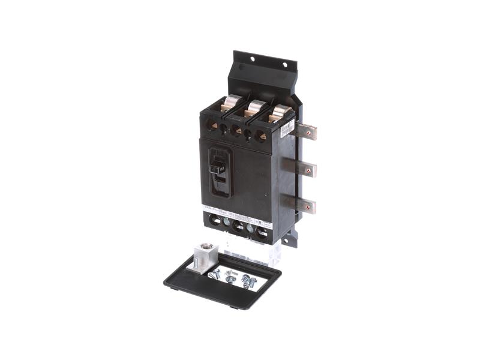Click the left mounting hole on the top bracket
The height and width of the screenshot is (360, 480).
pyautogui.click(x=252, y=59)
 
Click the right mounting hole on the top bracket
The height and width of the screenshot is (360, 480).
pyautogui.click(x=285, y=64)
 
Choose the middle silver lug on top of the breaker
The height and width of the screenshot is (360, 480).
pyautogui.click(x=256, y=108)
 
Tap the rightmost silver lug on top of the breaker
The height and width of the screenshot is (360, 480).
pyautogui.click(x=279, y=113)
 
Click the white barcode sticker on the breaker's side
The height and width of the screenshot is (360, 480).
pyautogui.click(x=287, y=128)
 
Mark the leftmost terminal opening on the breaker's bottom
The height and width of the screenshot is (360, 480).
pyautogui.click(x=215, y=221)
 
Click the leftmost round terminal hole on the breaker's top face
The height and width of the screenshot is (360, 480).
pyautogui.click(x=212, y=125)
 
